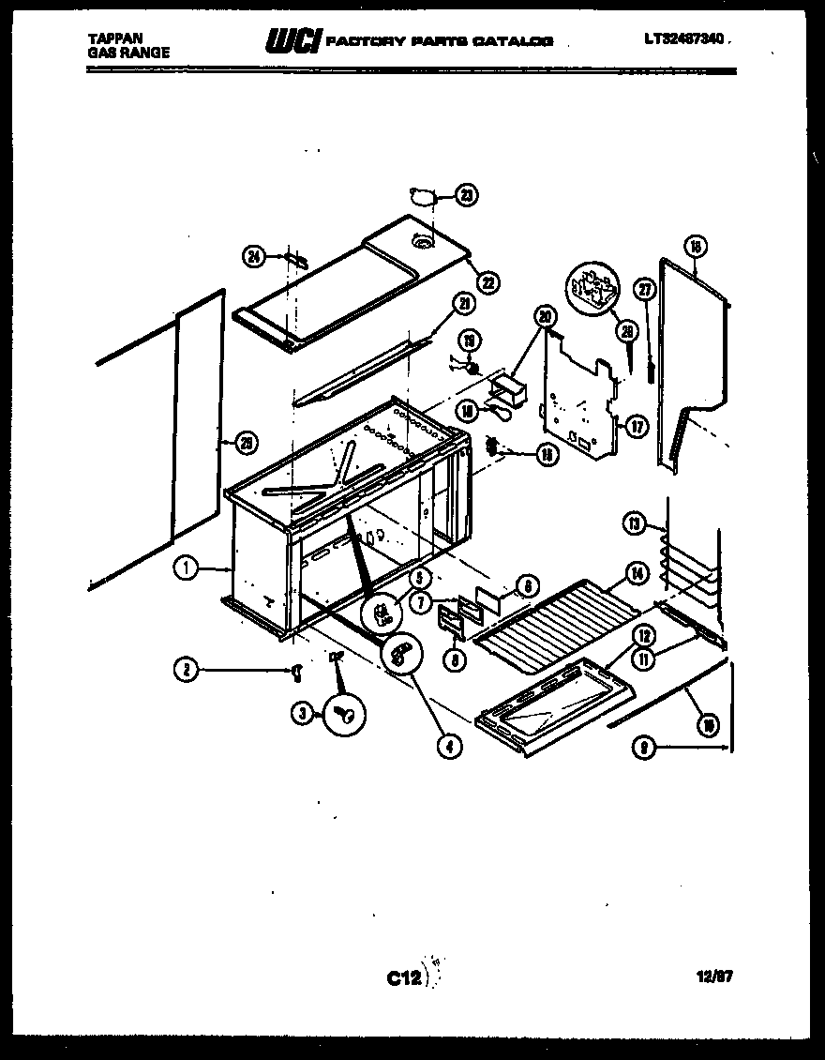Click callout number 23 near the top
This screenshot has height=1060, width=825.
(x=466, y=195)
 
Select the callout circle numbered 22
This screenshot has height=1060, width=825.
(x=487, y=281)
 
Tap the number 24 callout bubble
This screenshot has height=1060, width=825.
(x=253, y=255)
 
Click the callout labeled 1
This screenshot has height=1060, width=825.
(x=187, y=568)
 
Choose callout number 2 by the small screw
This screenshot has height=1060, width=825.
(x=187, y=669)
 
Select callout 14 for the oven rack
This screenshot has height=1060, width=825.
(x=637, y=573)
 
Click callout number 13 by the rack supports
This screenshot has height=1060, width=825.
(x=636, y=524)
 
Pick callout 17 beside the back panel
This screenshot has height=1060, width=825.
(x=637, y=427)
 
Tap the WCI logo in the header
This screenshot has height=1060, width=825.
(x=294, y=40)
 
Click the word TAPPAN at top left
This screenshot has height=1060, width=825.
(x=109, y=38)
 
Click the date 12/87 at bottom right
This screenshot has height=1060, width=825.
(x=714, y=976)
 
